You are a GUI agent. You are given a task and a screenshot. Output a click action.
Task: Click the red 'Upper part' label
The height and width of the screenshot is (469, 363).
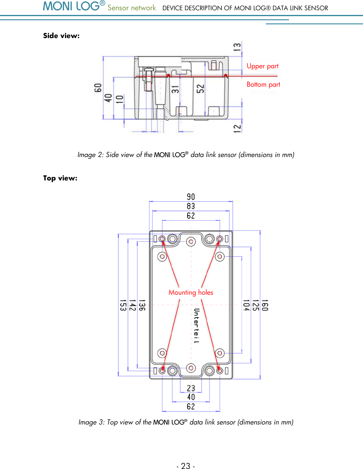click(x=262, y=66)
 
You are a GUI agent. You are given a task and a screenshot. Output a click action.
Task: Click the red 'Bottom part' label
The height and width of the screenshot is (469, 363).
click(x=263, y=85)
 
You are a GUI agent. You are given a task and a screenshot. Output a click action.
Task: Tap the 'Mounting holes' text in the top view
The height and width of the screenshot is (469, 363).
click(x=191, y=292)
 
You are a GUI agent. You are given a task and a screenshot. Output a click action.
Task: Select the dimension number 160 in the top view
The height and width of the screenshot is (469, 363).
click(x=264, y=305)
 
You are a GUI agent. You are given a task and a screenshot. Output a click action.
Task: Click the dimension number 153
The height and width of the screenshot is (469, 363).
click(x=123, y=305)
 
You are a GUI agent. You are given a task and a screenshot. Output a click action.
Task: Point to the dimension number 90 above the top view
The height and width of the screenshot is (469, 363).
click(x=191, y=197)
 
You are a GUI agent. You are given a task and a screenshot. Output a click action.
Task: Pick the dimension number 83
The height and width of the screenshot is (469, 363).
click(x=191, y=206)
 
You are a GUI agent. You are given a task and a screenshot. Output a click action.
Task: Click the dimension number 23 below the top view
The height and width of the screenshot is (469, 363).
click(x=191, y=388)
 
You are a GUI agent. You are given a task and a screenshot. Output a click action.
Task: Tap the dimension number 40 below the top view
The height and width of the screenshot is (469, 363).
click(x=191, y=397)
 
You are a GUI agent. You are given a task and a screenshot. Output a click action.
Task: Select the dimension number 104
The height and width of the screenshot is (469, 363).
click(x=246, y=305)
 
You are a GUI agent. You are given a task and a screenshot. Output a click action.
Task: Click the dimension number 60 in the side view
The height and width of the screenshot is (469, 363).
click(x=98, y=88)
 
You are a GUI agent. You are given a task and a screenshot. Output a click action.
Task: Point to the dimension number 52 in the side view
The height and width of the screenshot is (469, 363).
click(x=200, y=89)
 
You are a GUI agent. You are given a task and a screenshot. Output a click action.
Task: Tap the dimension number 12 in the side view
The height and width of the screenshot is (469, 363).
click(x=237, y=128)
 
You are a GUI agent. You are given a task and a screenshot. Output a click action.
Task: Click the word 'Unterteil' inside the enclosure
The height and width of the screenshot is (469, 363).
click(x=197, y=325)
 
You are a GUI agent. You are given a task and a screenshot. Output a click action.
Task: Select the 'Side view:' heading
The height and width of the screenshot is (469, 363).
click(x=61, y=36)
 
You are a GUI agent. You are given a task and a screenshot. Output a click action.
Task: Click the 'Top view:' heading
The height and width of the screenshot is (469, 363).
click(x=60, y=178)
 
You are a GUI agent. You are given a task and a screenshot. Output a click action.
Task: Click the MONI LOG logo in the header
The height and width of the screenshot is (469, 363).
click(x=74, y=6)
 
